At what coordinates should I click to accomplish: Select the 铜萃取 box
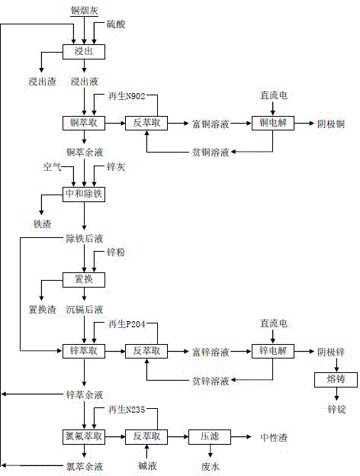82,123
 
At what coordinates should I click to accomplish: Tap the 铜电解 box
273,123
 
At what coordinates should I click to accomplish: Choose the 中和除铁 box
82,195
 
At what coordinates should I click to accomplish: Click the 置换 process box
82,280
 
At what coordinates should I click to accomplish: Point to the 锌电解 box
273,351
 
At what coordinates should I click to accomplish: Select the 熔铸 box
330,379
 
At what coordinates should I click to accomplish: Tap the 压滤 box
209,436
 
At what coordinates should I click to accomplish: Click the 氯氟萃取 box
82,436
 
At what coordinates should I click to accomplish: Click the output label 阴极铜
331,123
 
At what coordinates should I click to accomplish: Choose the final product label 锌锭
330,409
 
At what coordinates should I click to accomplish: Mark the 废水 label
209,465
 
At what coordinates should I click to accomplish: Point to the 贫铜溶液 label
209,152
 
